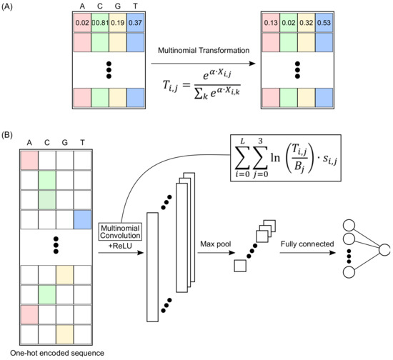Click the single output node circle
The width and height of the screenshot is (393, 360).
[x=384, y=250]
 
